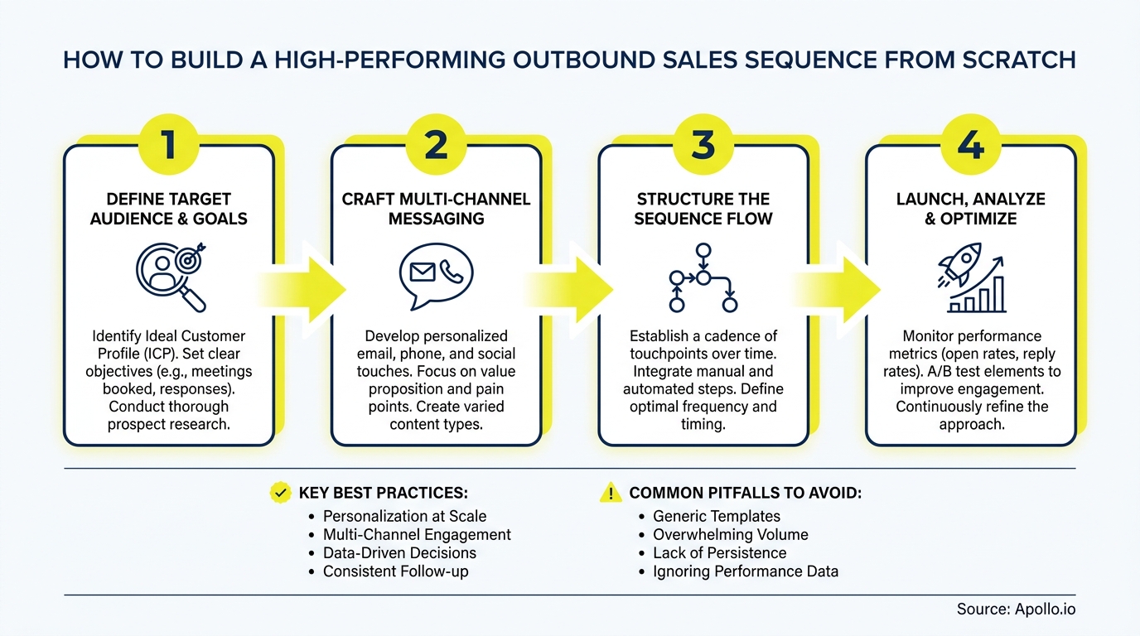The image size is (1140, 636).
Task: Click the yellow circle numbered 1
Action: coord(168,144)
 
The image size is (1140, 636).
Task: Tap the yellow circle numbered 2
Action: coord(436,144)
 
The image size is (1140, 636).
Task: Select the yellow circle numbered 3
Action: coord(703,144)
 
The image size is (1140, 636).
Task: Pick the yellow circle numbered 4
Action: coord(970,144)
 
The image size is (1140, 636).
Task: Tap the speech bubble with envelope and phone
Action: coord(436,274)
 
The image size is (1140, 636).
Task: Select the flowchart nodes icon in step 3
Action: coord(703,278)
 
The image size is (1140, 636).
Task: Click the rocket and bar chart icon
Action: coord(970,277)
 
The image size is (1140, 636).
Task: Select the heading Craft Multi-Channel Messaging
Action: coord(436,209)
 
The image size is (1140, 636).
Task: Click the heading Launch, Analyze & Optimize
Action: coord(970,209)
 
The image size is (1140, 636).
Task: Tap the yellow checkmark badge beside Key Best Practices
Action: coord(280,494)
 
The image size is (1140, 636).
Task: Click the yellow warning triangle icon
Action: coord(610,494)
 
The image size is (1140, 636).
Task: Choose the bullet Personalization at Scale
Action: coord(404,516)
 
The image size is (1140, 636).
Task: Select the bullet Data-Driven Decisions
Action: coord(399,553)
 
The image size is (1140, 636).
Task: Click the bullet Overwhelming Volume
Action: coord(730,535)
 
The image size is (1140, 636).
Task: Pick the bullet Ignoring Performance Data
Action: coord(746,571)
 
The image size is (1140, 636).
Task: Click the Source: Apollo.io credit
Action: coord(1016,609)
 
